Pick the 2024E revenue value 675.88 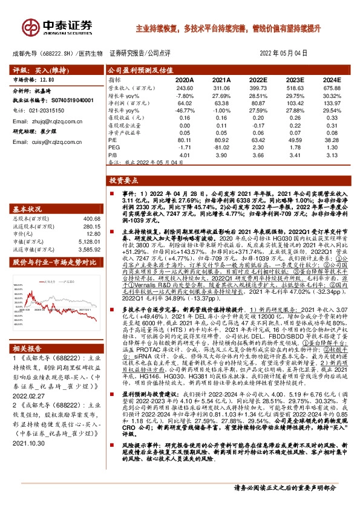[x=331, y=88]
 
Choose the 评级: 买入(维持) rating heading [x=36, y=69]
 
